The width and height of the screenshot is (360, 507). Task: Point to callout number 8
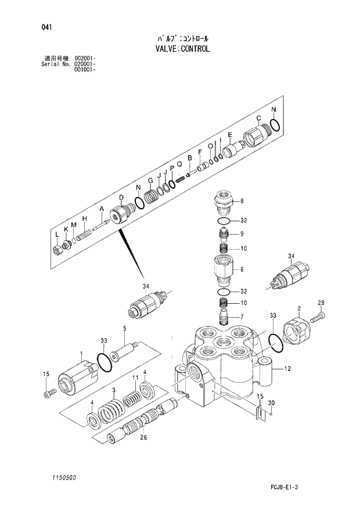[242, 202]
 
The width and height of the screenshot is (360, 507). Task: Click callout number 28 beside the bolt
[321, 303]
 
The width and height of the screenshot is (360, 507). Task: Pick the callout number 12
[286, 368]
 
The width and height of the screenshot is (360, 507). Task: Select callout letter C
[266, 118]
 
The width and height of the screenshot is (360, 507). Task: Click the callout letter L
[56, 234]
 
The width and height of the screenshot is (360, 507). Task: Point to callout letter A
[102, 208]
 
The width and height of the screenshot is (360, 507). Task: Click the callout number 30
[271, 404]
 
